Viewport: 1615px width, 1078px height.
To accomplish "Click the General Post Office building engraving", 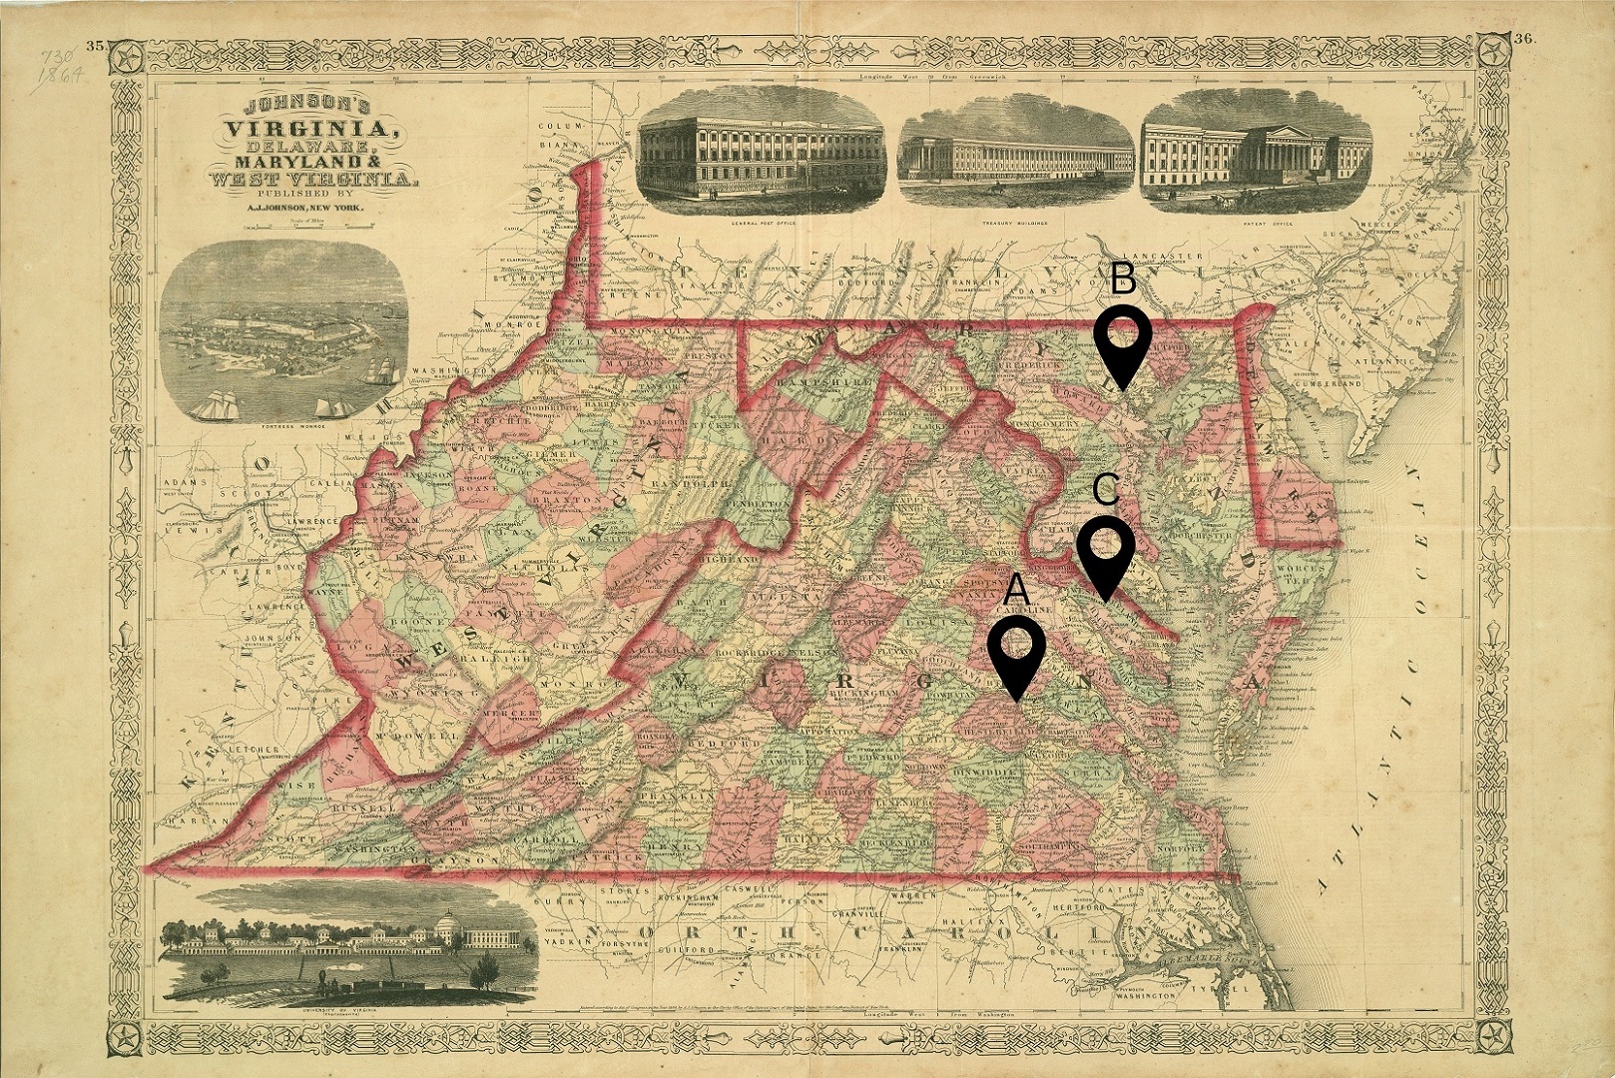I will [761, 150].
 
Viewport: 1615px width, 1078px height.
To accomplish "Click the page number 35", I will [97, 44].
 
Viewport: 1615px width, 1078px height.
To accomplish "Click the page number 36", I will [1523, 40].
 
